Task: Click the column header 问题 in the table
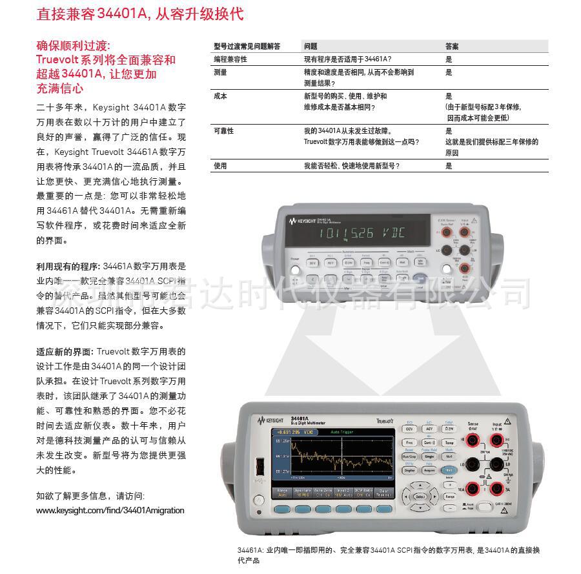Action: click(311, 46)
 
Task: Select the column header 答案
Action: click(452, 46)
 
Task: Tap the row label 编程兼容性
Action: click(230, 59)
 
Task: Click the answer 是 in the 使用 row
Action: click(449, 166)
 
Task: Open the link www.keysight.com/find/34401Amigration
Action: click(110, 510)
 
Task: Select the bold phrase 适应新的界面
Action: click(65, 352)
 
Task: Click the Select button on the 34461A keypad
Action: click(420, 497)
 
